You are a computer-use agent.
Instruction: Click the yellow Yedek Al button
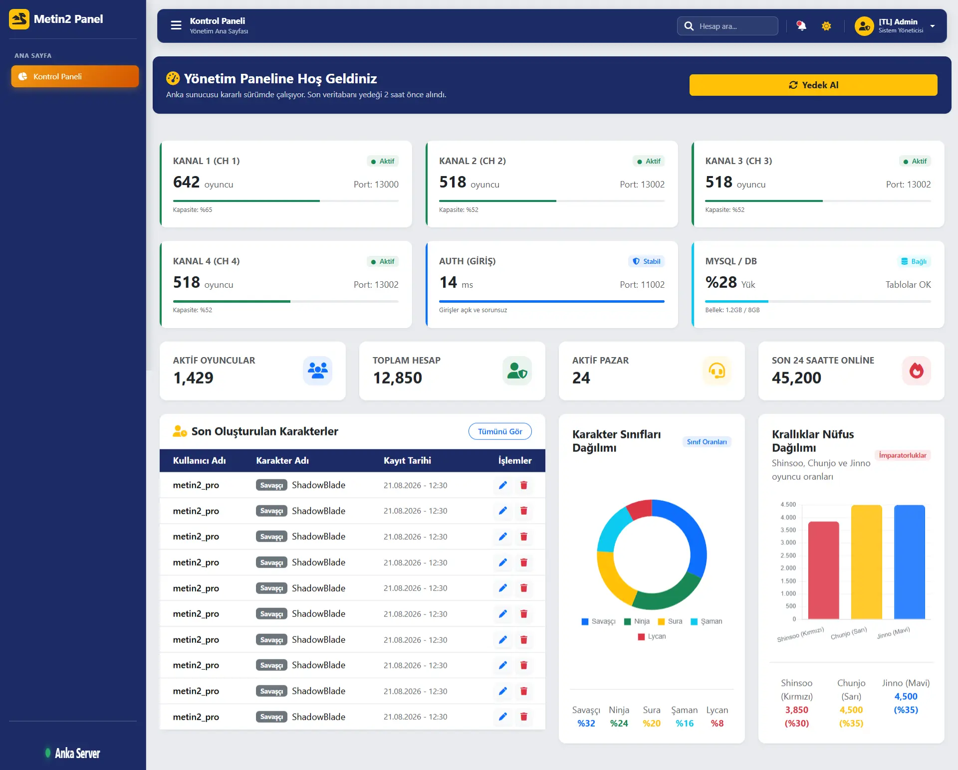[x=813, y=85]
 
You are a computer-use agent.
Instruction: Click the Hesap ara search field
[x=727, y=26]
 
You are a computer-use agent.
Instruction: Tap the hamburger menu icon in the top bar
[x=176, y=25]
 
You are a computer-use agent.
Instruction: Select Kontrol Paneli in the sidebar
[x=75, y=76]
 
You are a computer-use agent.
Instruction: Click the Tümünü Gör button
[x=500, y=431]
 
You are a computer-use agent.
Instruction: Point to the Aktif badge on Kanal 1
[x=383, y=161]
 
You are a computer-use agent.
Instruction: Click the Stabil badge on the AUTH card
[x=646, y=261]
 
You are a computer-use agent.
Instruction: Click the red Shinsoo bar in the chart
[x=823, y=570]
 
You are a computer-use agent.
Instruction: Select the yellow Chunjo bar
[x=866, y=562]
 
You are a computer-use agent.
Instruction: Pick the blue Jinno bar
[x=909, y=562]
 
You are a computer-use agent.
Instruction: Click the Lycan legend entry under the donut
[x=652, y=636]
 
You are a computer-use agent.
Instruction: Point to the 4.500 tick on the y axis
[x=788, y=504]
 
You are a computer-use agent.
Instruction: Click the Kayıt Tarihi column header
[x=407, y=460]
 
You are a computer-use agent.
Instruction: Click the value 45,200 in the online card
[x=796, y=378]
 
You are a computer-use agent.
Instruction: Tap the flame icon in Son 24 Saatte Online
[x=917, y=371]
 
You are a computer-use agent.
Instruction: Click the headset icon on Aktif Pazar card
[x=717, y=371]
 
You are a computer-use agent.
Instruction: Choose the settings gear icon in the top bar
[x=826, y=26]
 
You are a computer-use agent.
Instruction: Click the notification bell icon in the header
[x=801, y=26]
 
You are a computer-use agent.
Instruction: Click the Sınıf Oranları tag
[x=707, y=442]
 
